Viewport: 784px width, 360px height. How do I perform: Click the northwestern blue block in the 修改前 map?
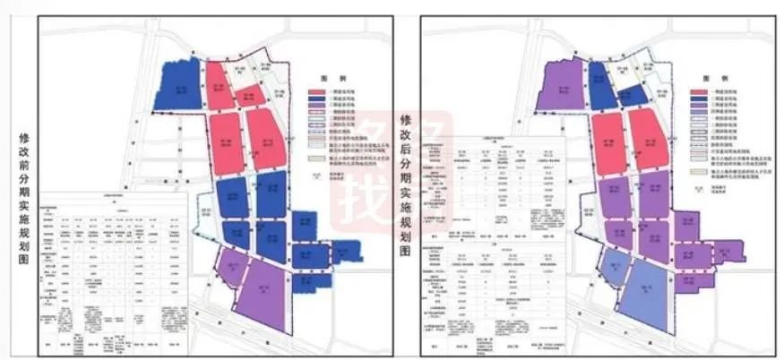[x=179, y=87]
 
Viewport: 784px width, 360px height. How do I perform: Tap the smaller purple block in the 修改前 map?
[x=229, y=268]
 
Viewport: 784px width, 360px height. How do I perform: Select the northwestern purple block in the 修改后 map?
[x=562, y=87]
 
